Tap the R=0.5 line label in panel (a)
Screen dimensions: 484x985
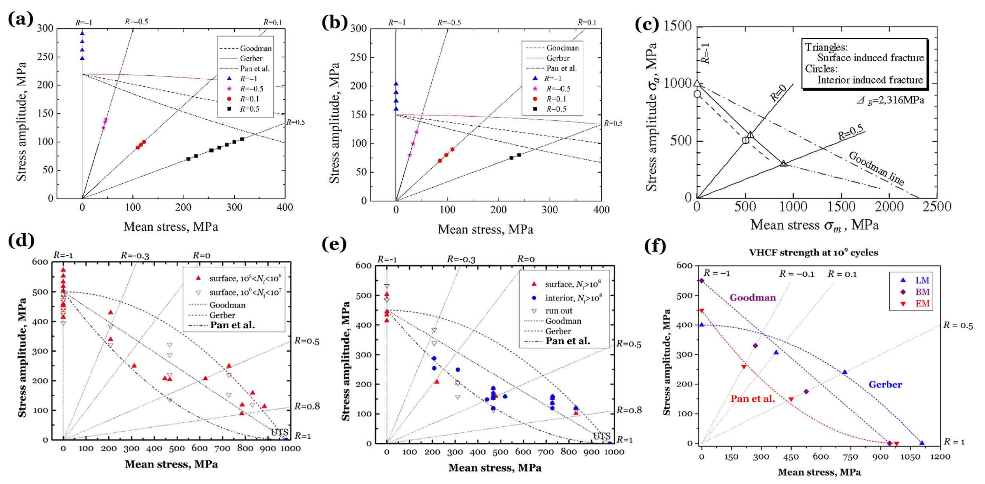click(x=295, y=122)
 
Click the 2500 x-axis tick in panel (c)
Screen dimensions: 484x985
click(x=937, y=207)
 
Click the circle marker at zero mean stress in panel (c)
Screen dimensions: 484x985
click(x=697, y=94)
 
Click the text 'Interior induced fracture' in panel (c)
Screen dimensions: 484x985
click(x=870, y=80)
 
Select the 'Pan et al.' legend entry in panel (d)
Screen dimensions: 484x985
click(x=232, y=325)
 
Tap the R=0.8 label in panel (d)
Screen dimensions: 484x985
click(x=307, y=406)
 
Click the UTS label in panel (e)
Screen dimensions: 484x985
click(x=601, y=436)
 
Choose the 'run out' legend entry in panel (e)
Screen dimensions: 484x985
click(x=559, y=311)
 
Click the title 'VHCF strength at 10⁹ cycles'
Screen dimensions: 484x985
click(x=813, y=253)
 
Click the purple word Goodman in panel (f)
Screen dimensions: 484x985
click(x=753, y=297)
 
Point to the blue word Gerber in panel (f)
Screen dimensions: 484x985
click(x=885, y=384)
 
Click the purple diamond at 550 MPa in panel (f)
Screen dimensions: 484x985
click(x=701, y=280)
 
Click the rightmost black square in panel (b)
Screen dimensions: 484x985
click(x=519, y=155)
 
